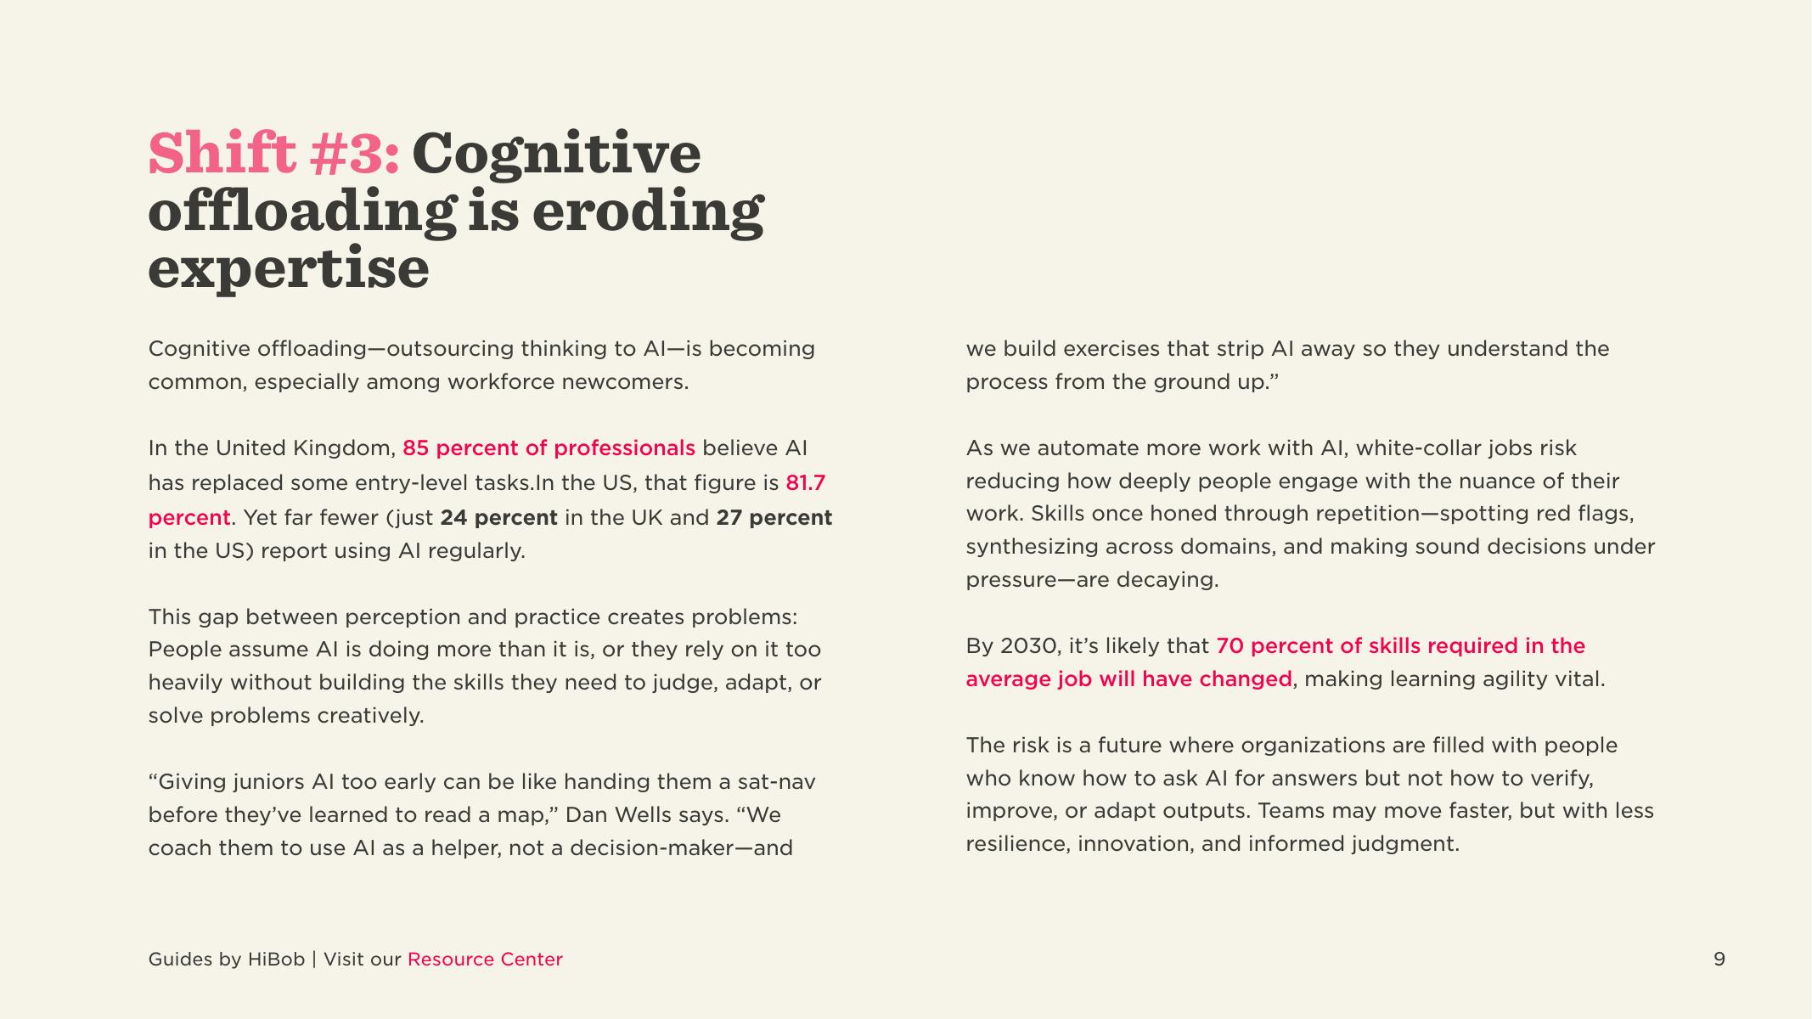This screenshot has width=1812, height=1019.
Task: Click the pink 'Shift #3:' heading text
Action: (x=273, y=155)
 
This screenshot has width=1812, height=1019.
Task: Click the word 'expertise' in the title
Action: (x=289, y=269)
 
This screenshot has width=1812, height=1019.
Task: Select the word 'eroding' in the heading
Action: (x=648, y=211)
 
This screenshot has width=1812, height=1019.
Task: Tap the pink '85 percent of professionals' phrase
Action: (x=549, y=448)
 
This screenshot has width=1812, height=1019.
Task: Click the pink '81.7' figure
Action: (x=805, y=483)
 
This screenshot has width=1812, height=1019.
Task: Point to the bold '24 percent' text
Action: (x=498, y=518)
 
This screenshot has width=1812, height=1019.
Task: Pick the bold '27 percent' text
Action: (x=774, y=518)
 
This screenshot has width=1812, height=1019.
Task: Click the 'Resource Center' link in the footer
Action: (x=485, y=960)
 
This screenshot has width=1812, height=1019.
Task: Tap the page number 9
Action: (x=1719, y=960)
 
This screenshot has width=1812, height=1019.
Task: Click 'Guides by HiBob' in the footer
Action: (x=226, y=960)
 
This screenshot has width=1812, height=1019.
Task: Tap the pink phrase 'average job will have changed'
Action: (x=1128, y=679)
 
